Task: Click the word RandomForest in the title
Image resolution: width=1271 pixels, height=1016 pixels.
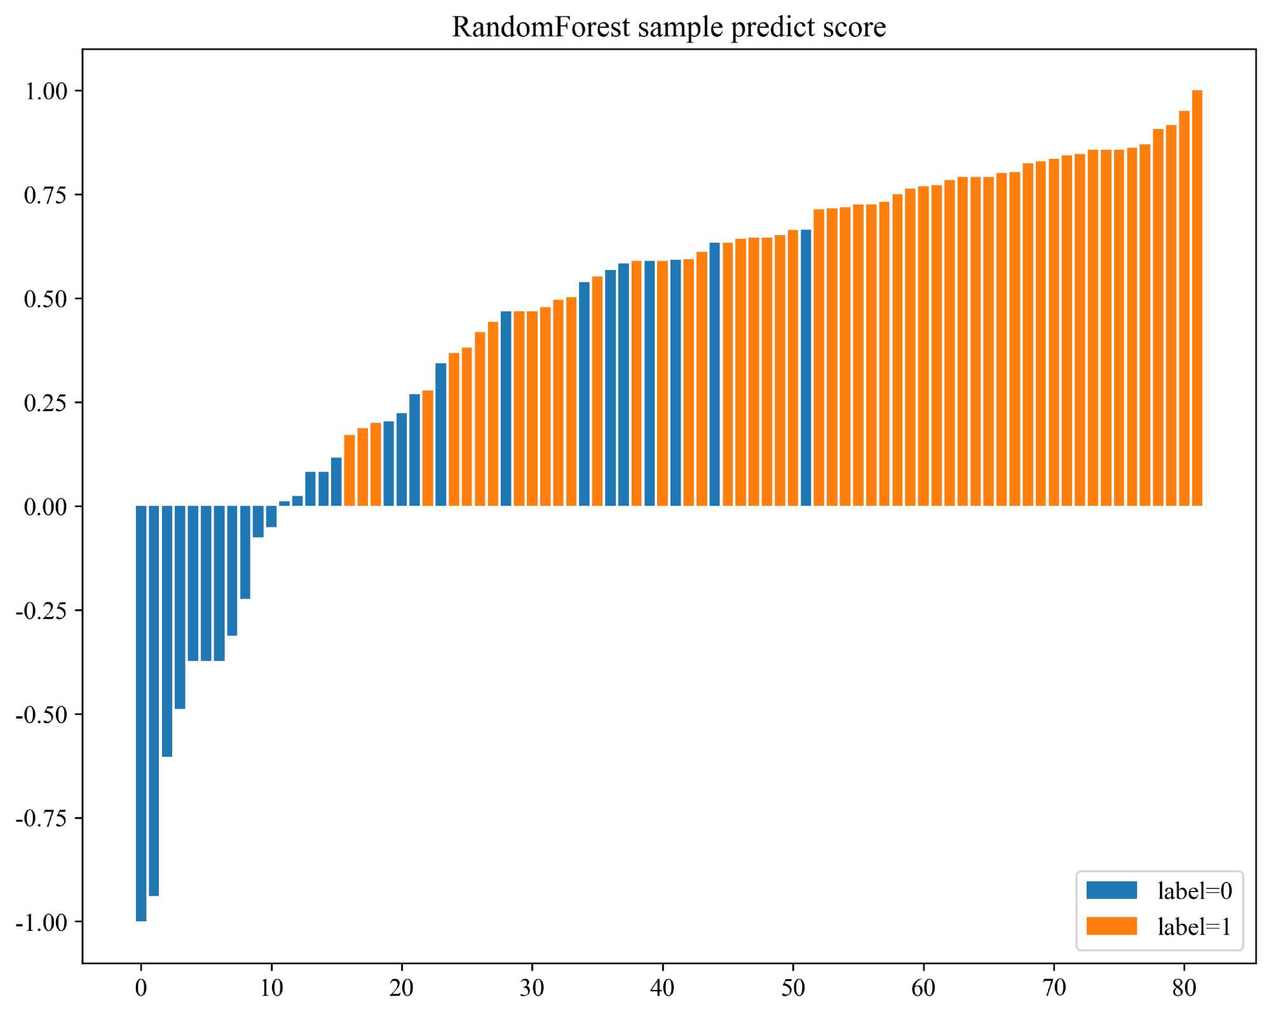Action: click(541, 27)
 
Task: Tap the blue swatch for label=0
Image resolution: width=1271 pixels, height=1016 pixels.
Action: click(1111, 890)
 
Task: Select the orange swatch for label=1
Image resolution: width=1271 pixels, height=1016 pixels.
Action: click(1111, 926)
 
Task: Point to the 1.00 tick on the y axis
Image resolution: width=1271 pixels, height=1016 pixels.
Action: click(46, 91)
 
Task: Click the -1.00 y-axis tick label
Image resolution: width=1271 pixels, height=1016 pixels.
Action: click(42, 922)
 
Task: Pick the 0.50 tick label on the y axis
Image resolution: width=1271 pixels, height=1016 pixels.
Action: click(46, 299)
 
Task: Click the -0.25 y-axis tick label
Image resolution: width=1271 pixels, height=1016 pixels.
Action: click(42, 611)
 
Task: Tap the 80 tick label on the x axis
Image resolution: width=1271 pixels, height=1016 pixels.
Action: click(1184, 988)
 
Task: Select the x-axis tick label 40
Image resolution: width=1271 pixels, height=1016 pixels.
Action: click(662, 988)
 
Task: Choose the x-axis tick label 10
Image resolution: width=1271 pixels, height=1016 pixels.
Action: click(271, 988)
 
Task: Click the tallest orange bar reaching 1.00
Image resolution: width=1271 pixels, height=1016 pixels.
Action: click(1197, 299)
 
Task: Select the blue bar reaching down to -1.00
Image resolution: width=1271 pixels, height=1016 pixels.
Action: click(141, 712)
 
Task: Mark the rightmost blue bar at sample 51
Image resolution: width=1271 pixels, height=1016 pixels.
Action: click(806, 369)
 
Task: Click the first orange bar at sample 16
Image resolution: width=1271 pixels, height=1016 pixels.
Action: click(350, 470)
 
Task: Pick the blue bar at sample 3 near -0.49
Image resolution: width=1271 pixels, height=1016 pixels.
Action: click(180, 607)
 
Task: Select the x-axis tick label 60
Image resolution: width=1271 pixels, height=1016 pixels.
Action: click(923, 988)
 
